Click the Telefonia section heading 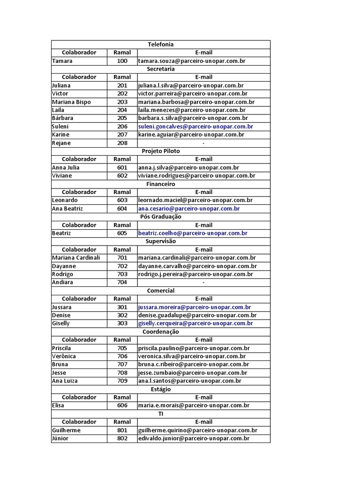tap(161, 45)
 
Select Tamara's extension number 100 tap(122, 61)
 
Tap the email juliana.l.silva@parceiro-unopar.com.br tap(190, 86)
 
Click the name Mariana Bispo tap(71, 102)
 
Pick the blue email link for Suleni tap(195, 127)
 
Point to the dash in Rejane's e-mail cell tap(203, 143)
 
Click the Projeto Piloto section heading tap(161, 151)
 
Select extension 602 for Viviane tap(122, 176)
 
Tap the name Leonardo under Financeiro tap(65, 200)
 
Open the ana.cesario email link tap(189, 209)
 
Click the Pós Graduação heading tap(161, 217)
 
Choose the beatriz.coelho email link tap(193, 233)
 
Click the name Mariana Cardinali tap(76, 258)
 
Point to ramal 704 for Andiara tap(122, 282)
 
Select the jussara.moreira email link tap(195, 307)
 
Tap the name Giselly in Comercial tap(61, 323)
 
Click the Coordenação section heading tap(161, 332)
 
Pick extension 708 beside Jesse tap(122, 373)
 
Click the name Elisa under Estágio tap(58, 405)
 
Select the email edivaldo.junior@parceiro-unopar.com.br tap(194, 438)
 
